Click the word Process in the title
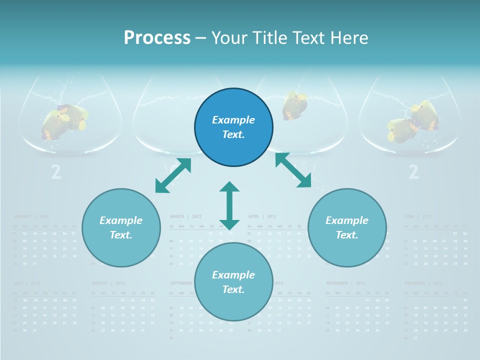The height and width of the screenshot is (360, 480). tap(157, 37)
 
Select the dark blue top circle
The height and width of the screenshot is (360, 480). tap(233, 127)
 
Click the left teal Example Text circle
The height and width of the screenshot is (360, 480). tap(121, 227)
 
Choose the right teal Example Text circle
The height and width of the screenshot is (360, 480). tap(347, 227)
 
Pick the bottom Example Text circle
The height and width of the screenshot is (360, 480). tap(233, 282)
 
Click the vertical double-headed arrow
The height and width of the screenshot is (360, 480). tap(229, 205)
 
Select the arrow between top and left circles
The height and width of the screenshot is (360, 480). tap(173, 175)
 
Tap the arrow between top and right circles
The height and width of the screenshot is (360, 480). tap(293, 170)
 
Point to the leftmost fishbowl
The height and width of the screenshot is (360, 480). tap(70, 115)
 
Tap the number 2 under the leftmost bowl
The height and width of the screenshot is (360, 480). tap(56, 172)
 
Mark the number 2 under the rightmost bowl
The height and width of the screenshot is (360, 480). tap(413, 172)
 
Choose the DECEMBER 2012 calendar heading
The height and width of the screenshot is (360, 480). tap(422, 283)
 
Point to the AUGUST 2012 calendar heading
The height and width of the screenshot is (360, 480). tap(108, 283)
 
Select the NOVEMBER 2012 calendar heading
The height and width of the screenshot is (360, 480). tap(344, 283)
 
